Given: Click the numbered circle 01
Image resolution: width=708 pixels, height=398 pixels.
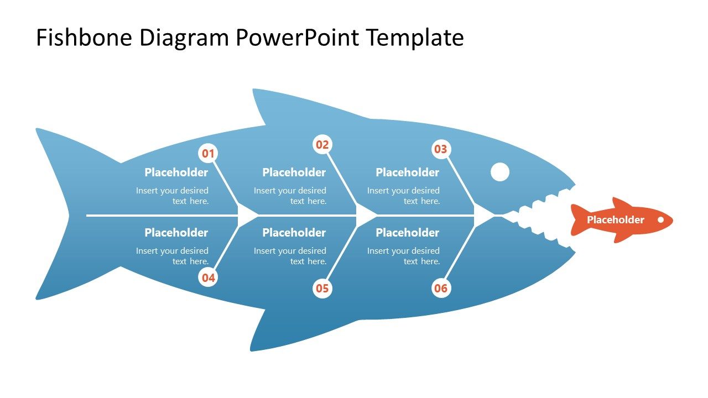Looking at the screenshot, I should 208,154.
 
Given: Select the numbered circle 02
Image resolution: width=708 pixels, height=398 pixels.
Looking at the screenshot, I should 322,145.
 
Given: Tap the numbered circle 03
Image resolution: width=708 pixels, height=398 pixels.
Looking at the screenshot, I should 440,149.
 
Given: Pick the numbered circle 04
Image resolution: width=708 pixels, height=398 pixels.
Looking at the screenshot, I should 208,277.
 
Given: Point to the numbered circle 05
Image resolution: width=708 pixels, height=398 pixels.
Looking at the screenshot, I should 322,288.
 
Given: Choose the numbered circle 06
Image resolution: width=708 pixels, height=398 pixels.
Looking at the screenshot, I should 440,288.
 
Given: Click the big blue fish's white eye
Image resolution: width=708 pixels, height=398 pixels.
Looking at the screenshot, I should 500,172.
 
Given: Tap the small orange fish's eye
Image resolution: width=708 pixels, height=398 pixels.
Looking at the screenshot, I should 660,219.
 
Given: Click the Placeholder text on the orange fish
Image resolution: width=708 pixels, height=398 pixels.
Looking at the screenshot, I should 615,220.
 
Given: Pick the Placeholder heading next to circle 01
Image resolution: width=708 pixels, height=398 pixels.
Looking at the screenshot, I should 176,172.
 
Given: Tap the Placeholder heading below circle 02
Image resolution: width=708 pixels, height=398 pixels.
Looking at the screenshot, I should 294,172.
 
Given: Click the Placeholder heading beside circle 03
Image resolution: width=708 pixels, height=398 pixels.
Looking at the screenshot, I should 407,172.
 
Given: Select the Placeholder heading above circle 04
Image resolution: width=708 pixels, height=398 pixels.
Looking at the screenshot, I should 176,233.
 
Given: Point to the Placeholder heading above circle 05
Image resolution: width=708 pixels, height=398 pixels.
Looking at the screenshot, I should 294,233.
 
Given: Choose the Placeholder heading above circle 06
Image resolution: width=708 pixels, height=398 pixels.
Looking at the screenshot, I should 407,233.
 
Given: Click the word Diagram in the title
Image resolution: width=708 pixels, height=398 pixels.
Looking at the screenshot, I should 184,38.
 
